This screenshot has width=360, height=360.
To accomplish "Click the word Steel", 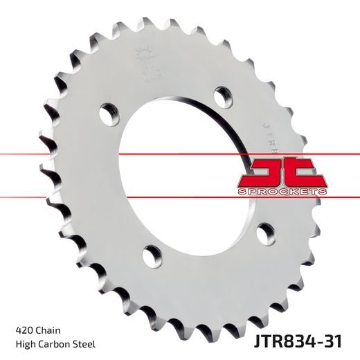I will [x=84, y=344].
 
